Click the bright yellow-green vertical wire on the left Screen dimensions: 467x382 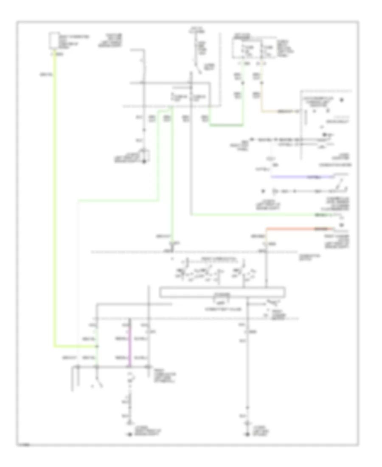tap(55, 204)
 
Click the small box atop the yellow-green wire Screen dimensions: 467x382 tap(54, 42)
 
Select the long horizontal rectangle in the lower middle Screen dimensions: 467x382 tap(222, 293)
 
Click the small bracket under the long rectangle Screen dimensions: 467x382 tap(220, 302)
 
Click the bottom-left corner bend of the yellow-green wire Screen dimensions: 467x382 tap(55, 346)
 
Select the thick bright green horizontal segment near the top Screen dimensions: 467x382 tap(226, 125)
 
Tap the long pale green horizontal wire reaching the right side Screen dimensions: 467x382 tap(255, 215)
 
